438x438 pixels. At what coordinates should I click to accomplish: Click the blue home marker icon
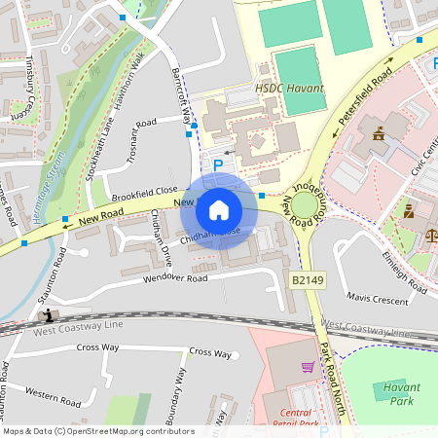click(219, 210)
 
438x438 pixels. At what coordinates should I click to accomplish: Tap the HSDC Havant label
click(290, 88)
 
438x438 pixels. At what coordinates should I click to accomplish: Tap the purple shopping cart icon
click(309, 367)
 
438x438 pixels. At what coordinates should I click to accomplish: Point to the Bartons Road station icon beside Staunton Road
click(47, 315)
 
